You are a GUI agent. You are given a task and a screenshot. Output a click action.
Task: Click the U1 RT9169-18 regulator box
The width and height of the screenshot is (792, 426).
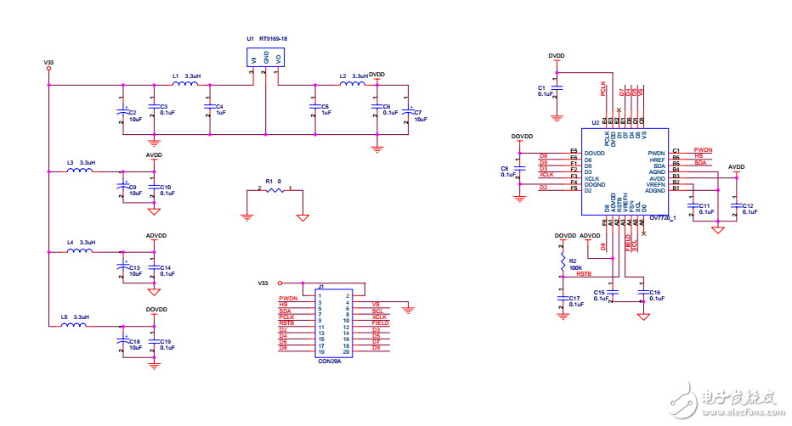(x=266, y=58)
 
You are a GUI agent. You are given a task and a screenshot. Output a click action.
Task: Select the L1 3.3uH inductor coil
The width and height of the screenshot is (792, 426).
(x=186, y=84)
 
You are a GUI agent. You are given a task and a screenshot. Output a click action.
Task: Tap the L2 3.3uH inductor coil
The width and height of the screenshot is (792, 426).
(x=353, y=84)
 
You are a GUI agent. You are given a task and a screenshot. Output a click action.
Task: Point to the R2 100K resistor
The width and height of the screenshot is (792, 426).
(x=563, y=261)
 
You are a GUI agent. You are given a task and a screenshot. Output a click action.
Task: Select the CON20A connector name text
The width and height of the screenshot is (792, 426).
(x=329, y=361)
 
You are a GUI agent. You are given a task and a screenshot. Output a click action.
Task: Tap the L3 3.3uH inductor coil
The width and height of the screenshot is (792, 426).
(x=80, y=171)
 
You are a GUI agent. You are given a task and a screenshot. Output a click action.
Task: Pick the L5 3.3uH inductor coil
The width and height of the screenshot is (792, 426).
(x=75, y=324)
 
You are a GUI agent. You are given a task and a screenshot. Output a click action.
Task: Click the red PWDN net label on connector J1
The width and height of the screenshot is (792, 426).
(x=288, y=299)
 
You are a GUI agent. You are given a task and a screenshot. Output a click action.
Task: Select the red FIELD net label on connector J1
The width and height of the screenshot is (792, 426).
(x=380, y=323)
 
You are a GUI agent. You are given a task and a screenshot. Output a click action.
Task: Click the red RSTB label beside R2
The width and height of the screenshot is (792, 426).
(x=583, y=274)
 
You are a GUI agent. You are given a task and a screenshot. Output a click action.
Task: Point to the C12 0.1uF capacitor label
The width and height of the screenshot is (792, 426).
(x=748, y=208)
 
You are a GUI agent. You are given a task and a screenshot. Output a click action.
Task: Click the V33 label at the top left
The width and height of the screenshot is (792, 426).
(x=48, y=62)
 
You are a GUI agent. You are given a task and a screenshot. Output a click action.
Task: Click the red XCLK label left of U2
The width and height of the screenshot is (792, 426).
(x=546, y=174)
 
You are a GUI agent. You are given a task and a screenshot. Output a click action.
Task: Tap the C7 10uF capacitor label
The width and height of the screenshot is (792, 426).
(x=418, y=115)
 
